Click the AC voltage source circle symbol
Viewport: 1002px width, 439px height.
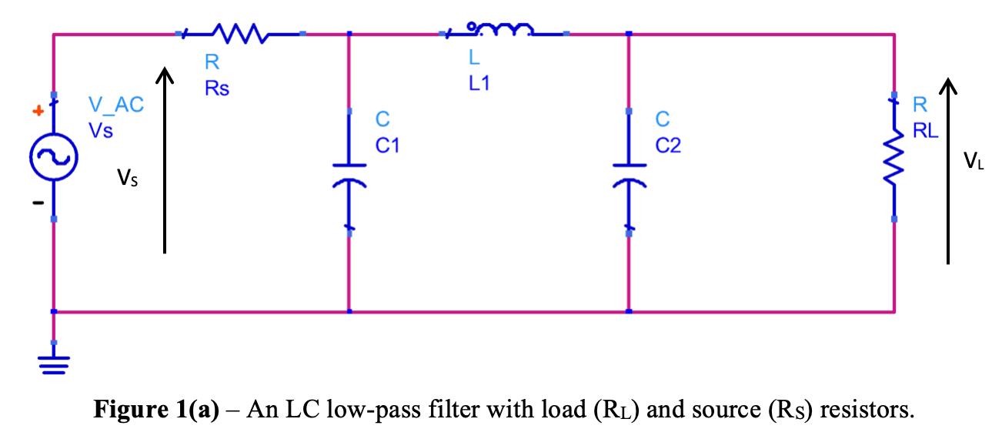tap(53, 157)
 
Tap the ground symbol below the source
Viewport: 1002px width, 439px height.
tap(53, 363)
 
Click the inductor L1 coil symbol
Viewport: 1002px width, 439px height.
tap(504, 30)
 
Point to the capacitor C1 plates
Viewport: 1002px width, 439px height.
tap(349, 174)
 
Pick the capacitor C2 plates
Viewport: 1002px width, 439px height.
tap(629, 174)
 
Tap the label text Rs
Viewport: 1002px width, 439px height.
tap(216, 89)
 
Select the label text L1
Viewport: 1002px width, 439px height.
tap(479, 83)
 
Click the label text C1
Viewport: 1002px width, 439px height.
tap(387, 145)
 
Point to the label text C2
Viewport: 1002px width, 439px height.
tap(668, 145)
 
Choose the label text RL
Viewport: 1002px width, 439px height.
tap(925, 130)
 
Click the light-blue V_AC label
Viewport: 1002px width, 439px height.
tap(115, 106)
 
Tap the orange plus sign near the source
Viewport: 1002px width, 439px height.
tap(35, 112)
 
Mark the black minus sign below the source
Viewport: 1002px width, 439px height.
tap(35, 203)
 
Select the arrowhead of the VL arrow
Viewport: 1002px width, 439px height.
tap(949, 85)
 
